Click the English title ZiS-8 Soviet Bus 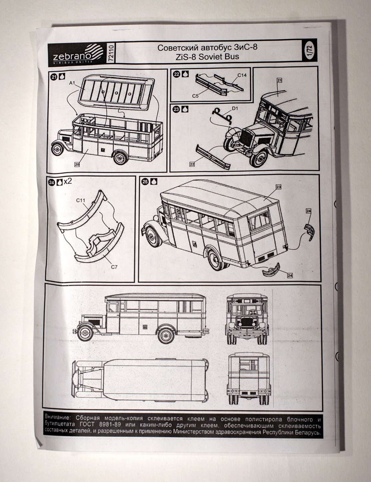tap(207, 57)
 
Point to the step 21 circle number tap(54, 77)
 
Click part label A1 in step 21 tap(72, 83)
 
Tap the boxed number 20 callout tap(77, 165)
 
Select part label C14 tap(242, 75)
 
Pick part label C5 tap(195, 96)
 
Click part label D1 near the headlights tap(235, 109)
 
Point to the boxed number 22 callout tap(192, 164)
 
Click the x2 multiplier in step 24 tap(68, 181)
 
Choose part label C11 tap(81, 200)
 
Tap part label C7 tap(114, 266)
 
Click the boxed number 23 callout tap(278, 187)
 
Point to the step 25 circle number tap(145, 181)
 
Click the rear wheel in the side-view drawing tap(166, 335)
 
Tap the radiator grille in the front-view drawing tap(247, 322)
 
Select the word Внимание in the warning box tap(58, 417)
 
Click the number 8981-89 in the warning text tap(110, 424)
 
